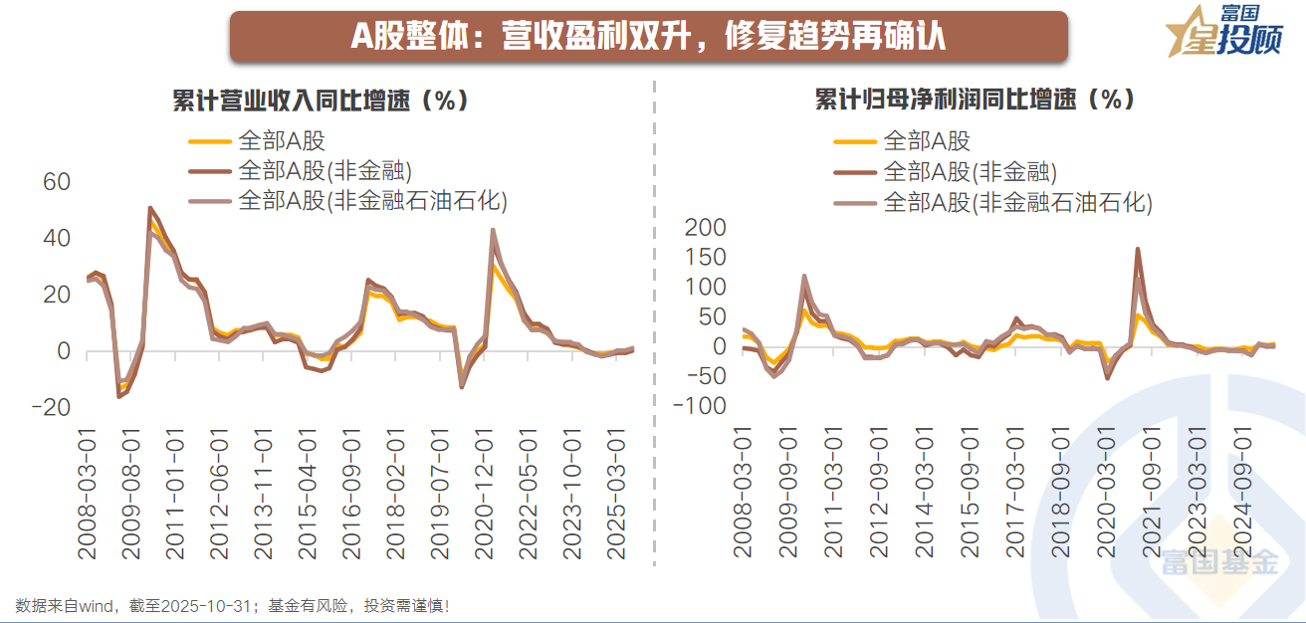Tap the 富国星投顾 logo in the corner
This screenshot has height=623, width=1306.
click(x=1223, y=31)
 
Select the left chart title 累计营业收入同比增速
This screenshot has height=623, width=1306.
click(x=320, y=101)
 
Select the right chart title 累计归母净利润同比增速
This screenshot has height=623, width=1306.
click(x=975, y=100)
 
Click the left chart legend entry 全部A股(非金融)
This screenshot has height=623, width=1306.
click(x=325, y=170)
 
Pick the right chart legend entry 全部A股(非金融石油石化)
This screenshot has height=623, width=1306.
click(x=1016, y=203)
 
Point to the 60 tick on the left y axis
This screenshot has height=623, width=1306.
click(x=56, y=182)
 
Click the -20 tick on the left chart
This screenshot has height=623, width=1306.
click(x=51, y=407)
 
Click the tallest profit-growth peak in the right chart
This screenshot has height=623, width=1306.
click(x=1137, y=250)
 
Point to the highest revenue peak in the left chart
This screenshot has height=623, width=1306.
click(x=149, y=209)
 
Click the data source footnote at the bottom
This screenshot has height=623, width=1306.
click(x=233, y=605)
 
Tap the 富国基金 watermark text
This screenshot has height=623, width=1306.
click(x=1218, y=564)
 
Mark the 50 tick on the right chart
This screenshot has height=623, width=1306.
click(x=712, y=317)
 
